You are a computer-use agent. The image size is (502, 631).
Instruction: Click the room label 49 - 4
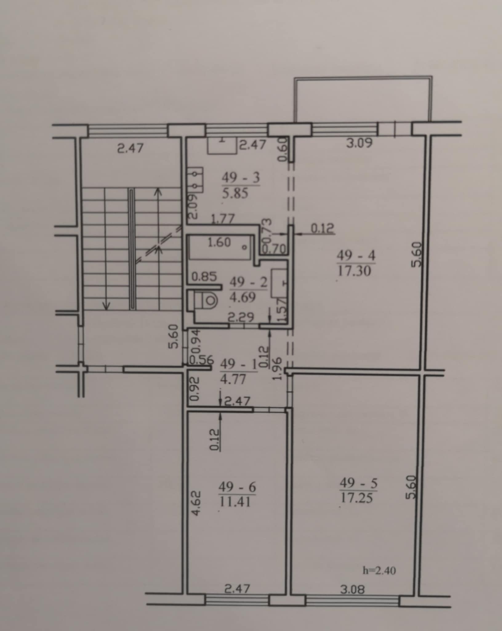click(x=356, y=256)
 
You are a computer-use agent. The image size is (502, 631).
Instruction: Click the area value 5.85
click(x=235, y=194)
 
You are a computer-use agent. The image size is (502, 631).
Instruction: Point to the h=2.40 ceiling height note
click(x=380, y=570)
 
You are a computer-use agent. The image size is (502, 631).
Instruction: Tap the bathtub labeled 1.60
click(x=221, y=247)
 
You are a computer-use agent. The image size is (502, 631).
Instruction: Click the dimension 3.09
click(x=359, y=143)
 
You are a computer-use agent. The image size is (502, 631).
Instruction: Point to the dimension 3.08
click(x=353, y=590)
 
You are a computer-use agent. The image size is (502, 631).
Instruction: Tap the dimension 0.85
click(x=204, y=276)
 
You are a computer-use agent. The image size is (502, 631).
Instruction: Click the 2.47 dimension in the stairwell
click(x=131, y=149)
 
